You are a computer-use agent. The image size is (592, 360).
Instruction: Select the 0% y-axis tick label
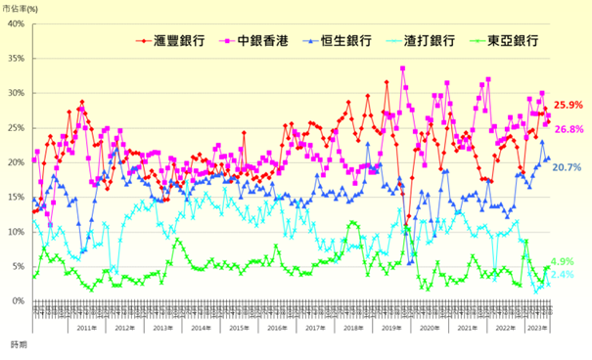pos(17,301)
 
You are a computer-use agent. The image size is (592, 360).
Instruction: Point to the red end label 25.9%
pos(569,105)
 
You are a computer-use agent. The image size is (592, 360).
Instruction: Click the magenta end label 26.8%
pos(569,129)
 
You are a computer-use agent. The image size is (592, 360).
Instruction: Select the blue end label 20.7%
pos(569,168)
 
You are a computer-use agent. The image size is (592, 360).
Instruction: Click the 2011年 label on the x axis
pos(86,328)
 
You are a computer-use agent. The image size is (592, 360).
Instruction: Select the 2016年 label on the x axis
pos(276,328)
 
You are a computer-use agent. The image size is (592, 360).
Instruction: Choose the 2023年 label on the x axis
pos(538,328)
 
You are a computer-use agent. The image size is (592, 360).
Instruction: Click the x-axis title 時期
pos(20,345)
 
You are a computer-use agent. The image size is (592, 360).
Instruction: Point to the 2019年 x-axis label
pos(390,328)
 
